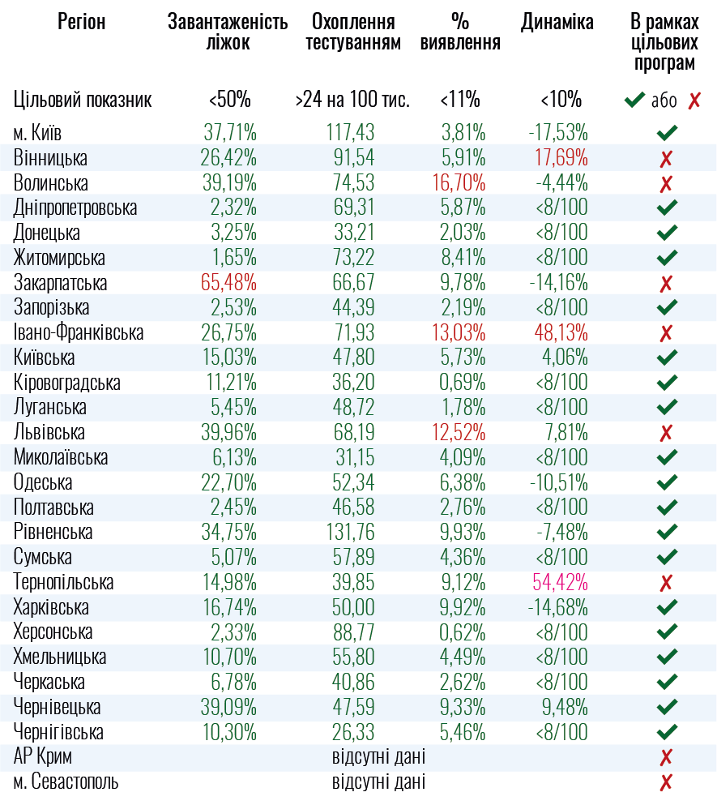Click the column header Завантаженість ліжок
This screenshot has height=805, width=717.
[228, 32]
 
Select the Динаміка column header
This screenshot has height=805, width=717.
[557, 23]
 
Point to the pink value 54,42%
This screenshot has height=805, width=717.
[560, 582]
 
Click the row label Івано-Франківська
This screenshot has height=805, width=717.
[79, 333]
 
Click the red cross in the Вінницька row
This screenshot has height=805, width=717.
[667, 159]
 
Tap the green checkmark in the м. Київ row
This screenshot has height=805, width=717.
[667, 133]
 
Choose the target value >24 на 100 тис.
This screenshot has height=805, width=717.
[352, 101]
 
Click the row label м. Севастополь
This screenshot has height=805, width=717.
[66, 782]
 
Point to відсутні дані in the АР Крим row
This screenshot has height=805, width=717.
[378, 757]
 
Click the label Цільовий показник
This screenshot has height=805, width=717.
[83, 101]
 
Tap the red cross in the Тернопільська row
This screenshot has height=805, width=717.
[667, 583]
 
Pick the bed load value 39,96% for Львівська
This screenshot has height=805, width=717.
[229, 433]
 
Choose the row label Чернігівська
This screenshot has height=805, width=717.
[59, 732]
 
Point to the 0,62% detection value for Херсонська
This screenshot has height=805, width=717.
[463, 632]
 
